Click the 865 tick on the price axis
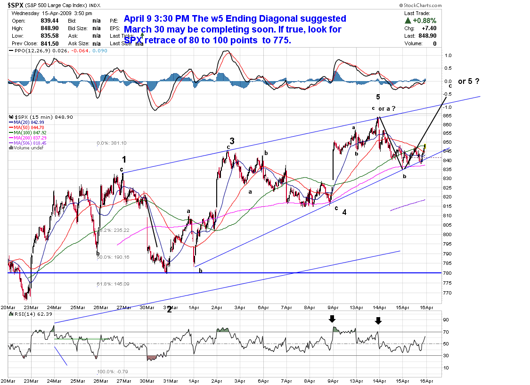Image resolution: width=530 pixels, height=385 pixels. [448, 115]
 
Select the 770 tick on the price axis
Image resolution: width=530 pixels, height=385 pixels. [448, 293]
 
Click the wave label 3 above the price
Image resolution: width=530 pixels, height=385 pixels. [232, 141]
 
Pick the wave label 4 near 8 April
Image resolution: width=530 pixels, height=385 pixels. [344, 212]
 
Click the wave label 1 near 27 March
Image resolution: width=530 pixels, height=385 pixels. [124, 159]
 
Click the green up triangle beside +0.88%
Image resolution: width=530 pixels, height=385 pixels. [408, 21]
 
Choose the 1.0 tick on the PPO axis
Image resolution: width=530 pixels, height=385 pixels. [448, 55]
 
